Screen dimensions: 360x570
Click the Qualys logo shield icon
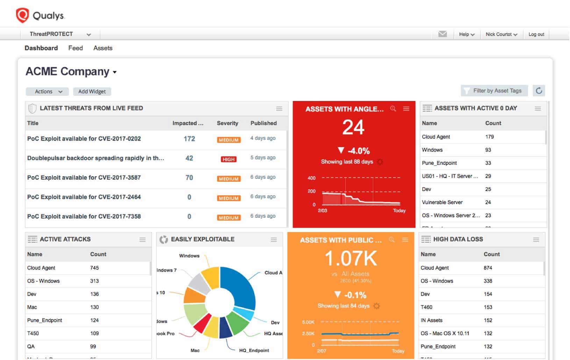[x=22, y=15]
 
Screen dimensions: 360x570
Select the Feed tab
[x=76, y=48]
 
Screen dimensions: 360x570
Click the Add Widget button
[x=92, y=92]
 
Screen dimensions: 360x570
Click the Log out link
[x=536, y=34]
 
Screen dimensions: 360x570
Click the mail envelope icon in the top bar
[x=442, y=34]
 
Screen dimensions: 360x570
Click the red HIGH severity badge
[x=229, y=159]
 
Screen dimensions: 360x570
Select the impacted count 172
[x=189, y=139]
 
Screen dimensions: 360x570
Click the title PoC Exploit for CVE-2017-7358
[x=84, y=216]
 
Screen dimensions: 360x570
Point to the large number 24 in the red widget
[x=353, y=127]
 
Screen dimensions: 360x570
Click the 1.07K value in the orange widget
[x=351, y=259]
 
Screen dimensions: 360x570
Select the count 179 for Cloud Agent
[x=489, y=137]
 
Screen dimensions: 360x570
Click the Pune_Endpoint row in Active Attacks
[x=45, y=320]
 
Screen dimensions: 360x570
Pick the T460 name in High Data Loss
[x=426, y=307]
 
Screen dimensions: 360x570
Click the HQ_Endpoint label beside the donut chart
[x=254, y=351]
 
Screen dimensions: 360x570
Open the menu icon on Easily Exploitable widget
[x=273, y=240]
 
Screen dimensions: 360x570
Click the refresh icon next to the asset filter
[x=539, y=91]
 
